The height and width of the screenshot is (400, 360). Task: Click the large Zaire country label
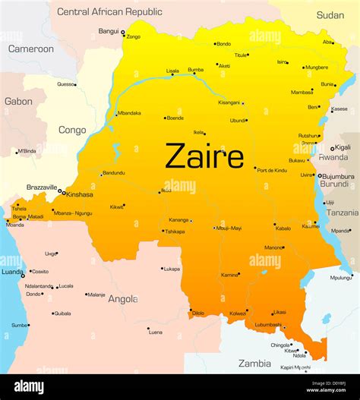click(205, 156)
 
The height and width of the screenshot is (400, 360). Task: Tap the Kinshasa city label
click(79, 194)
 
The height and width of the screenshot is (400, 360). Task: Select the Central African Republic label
click(109, 12)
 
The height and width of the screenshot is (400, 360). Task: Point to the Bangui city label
click(109, 31)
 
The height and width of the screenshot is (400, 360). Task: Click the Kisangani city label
click(229, 102)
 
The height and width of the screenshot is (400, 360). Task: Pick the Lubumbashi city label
click(268, 324)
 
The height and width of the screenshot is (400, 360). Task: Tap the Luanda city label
click(12, 271)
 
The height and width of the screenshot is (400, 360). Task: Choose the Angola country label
click(122, 299)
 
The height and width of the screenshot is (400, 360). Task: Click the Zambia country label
click(254, 364)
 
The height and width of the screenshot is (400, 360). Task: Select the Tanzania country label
click(343, 213)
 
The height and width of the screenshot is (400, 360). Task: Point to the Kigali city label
click(343, 148)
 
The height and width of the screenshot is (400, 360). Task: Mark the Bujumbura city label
click(339, 176)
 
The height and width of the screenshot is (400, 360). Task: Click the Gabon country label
click(18, 101)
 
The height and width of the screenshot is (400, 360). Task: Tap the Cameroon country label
click(31, 49)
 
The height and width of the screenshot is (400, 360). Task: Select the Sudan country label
click(330, 15)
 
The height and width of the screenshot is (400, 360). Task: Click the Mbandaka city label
click(128, 113)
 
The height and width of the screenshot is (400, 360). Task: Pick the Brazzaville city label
click(42, 187)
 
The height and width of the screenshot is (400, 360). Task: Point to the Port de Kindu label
click(272, 170)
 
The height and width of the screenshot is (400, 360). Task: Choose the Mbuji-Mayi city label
click(228, 228)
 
